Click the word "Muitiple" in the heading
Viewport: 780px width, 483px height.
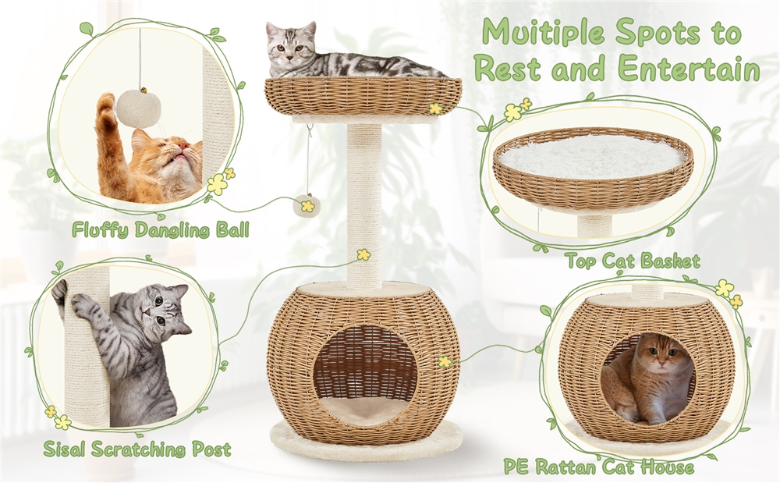(x=543, y=33)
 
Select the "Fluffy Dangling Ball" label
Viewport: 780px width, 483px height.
(x=160, y=230)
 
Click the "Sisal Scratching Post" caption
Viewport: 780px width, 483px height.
(x=137, y=449)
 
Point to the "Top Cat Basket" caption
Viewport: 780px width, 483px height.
(x=633, y=261)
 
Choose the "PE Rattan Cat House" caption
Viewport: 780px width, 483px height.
(x=598, y=467)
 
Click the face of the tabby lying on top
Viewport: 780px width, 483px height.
(x=289, y=48)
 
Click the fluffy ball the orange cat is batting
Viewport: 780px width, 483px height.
(x=139, y=109)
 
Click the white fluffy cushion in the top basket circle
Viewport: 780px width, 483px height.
(x=593, y=157)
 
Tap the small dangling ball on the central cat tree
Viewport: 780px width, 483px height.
(x=307, y=205)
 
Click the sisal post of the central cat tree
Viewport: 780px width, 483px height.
(x=364, y=207)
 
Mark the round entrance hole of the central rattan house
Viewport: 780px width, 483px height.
(x=364, y=375)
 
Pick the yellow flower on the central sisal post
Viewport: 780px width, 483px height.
(x=363, y=254)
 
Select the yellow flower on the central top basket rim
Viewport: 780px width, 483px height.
(x=436, y=108)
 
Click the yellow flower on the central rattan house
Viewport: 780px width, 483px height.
(x=445, y=361)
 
